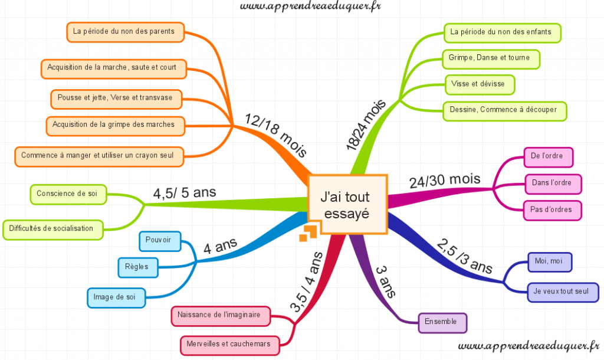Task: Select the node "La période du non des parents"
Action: (x=124, y=31)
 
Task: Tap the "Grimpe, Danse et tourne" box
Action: (x=490, y=58)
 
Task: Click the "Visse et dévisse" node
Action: (x=478, y=84)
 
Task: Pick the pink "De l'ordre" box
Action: (x=548, y=156)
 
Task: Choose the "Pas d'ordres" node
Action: (x=548, y=209)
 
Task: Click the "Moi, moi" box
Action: (x=549, y=261)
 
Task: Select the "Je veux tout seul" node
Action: (x=561, y=292)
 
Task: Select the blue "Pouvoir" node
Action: (x=159, y=241)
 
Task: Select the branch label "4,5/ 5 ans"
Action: (x=185, y=192)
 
